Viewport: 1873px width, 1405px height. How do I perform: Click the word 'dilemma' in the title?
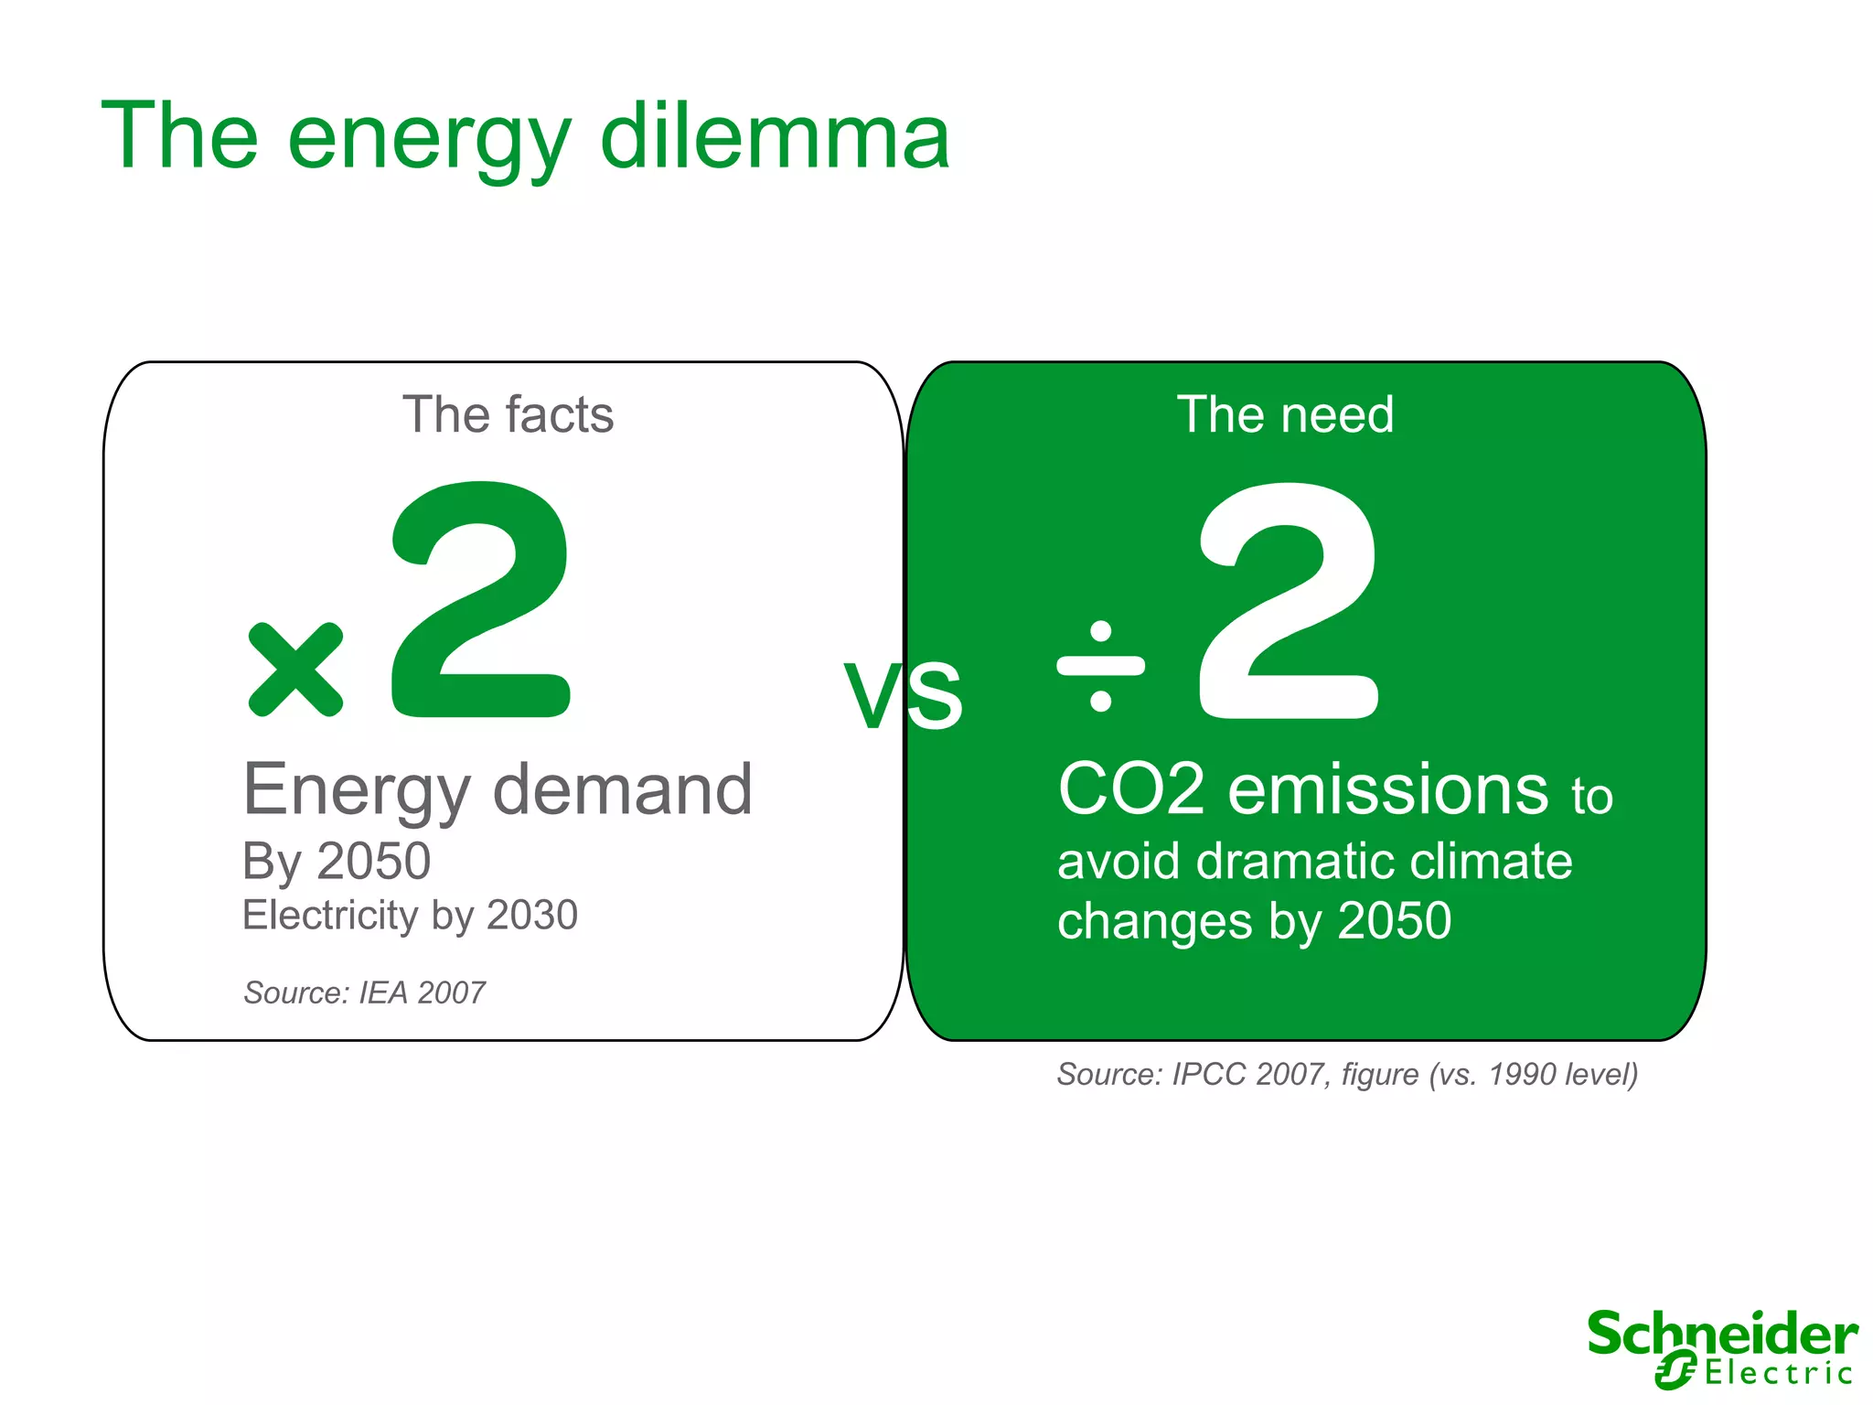775,137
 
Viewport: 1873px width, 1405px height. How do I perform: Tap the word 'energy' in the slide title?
428,142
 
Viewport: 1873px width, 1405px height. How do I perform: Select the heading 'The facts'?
508,414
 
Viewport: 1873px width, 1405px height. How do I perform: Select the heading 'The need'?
1285,414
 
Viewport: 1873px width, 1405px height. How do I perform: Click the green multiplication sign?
295,670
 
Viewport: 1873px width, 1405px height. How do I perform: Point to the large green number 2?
480,601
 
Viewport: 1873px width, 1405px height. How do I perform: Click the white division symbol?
1100,666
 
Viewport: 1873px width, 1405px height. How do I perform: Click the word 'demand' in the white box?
622,789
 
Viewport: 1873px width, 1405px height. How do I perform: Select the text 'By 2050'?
336,862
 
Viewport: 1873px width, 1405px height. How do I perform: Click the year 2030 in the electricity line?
531,915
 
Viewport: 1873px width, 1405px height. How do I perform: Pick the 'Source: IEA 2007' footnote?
364,992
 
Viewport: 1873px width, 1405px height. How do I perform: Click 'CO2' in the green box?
1131,789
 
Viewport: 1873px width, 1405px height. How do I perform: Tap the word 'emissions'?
1387,789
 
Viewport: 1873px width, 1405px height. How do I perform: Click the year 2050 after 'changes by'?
1394,920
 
